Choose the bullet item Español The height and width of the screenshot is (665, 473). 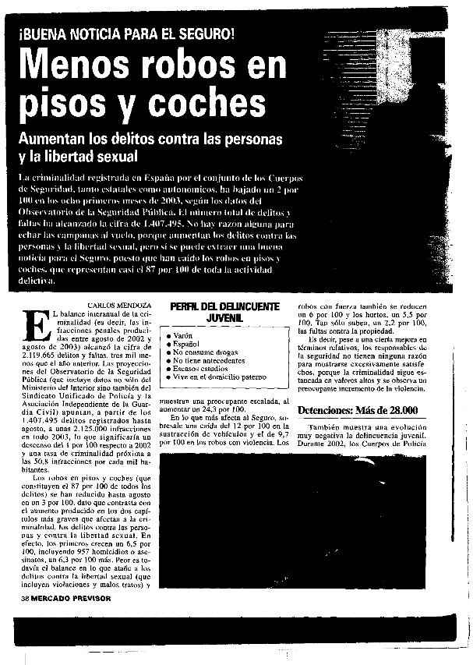point(186,343)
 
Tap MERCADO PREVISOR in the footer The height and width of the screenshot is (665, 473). point(70,598)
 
